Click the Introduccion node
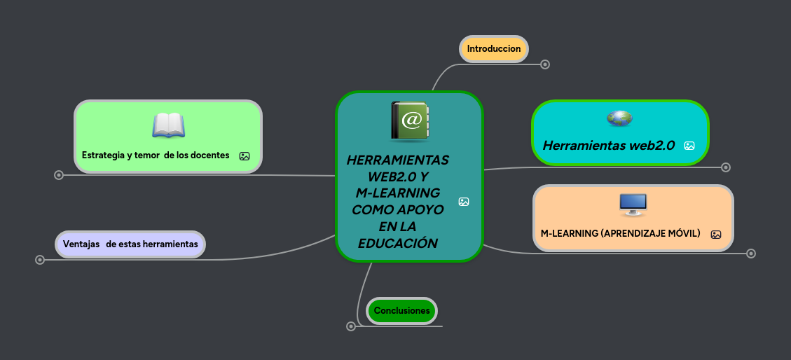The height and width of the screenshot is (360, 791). pos(494,49)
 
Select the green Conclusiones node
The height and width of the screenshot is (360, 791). pos(401,310)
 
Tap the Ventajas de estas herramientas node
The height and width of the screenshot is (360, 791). pos(130,244)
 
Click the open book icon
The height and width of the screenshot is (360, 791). pos(168,125)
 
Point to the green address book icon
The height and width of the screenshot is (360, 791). pos(410,121)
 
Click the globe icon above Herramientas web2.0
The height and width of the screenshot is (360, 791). pos(619,118)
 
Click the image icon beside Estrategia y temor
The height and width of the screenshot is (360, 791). pos(245,156)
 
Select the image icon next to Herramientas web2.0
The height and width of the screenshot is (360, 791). pos(689,146)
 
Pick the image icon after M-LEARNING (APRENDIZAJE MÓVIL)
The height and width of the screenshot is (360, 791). pos(716,235)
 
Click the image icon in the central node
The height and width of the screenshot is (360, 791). pos(464,202)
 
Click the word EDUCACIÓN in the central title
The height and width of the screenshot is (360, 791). pos(397,243)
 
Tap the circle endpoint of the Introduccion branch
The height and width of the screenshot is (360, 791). pos(545,64)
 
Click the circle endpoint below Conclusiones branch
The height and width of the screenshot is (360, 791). pos(351,326)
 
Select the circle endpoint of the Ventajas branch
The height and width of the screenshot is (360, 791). pos(40,260)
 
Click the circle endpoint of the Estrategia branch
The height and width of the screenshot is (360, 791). pos(59,175)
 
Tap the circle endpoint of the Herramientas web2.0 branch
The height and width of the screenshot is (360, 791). pos(726,167)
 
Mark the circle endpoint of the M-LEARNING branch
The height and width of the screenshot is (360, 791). pos(751,254)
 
